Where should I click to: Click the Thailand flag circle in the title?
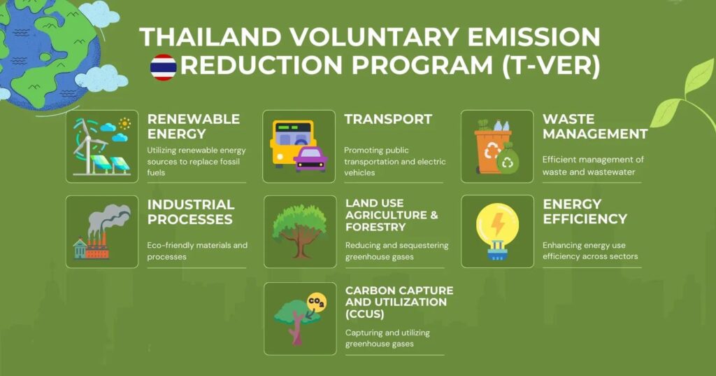pyautogui.click(x=163, y=67)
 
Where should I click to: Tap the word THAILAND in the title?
pyautogui.click(x=210, y=37)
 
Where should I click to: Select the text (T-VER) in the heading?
pyautogui.click(x=551, y=65)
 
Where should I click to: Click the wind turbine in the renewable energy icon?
pyautogui.click(x=87, y=146)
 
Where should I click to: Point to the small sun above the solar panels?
pyautogui.click(x=124, y=123)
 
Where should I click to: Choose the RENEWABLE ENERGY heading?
pyautogui.click(x=194, y=126)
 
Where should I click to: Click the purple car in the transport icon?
pyautogui.click(x=310, y=158)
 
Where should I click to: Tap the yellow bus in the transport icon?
pyautogui.click(x=292, y=142)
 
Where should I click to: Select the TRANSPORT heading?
pyautogui.click(x=388, y=120)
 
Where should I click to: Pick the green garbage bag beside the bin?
pyautogui.click(x=508, y=159)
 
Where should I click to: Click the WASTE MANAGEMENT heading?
pyautogui.click(x=595, y=126)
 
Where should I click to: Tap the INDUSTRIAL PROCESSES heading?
pyautogui.click(x=191, y=211)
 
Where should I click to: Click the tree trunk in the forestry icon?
pyautogui.click(x=299, y=245)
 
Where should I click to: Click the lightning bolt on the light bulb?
pyautogui.click(x=497, y=223)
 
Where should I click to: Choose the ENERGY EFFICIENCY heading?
pyautogui.click(x=585, y=211)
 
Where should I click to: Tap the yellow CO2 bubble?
pyautogui.click(x=317, y=302)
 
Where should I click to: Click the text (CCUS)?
pyautogui.click(x=364, y=314)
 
